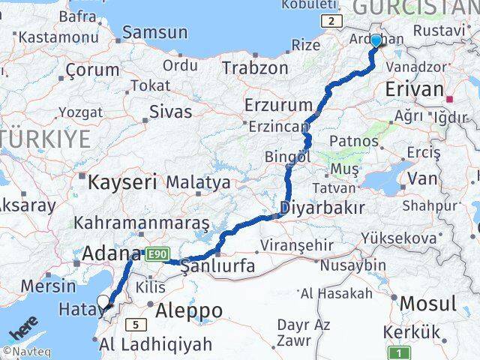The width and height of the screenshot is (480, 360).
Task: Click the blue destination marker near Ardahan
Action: click(x=376, y=41)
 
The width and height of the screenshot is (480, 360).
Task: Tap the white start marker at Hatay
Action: click(x=103, y=302)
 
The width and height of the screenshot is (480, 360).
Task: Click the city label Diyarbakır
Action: click(x=322, y=208)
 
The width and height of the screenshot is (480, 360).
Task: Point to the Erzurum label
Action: click(x=277, y=105)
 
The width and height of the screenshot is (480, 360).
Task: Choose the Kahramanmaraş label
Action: click(x=142, y=223)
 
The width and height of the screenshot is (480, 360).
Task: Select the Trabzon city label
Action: click(x=254, y=67)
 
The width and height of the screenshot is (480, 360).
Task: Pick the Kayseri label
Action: click(x=122, y=181)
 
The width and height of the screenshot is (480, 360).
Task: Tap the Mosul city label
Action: click(x=429, y=304)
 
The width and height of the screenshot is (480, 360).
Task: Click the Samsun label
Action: click(x=154, y=32)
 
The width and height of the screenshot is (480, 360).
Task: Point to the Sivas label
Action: click(x=170, y=112)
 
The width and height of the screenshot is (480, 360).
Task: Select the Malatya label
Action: click(x=198, y=181)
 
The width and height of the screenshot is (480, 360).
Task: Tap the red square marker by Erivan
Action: click(x=450, y=98)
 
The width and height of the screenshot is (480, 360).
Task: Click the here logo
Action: click(x=24, y=330)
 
